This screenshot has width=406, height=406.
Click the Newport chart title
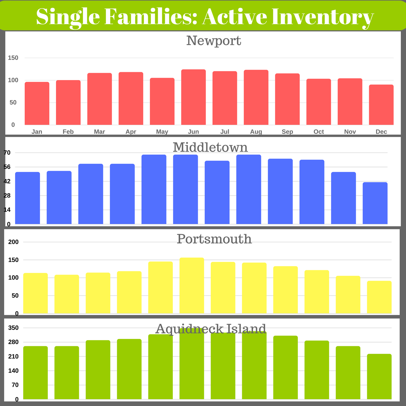tap(214, 41)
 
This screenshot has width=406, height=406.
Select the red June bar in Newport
tap(193, 97)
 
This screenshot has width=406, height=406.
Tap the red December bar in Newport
tap(381, 105)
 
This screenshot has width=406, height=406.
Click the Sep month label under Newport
tap(287, 132)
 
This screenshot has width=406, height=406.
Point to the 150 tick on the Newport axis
tap(13, 58)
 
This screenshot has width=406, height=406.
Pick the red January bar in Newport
tap(37, 104)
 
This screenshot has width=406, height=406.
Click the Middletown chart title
tap(210, 147)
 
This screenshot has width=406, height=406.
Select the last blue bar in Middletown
tap(375, 203)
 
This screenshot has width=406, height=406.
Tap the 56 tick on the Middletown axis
tap(7, 167)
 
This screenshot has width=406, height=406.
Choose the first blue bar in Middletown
tap(27, 198)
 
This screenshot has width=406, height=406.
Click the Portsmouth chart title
tap(214, 239)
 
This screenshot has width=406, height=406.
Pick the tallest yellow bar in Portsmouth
tap(192, 285)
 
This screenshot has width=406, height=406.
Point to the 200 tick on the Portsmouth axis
tap(13, 242)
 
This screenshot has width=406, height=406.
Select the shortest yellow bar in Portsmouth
tap(379, 297)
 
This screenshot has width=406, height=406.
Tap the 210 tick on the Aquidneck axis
tap(13, 356)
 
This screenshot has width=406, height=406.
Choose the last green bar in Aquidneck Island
tap(379, 376)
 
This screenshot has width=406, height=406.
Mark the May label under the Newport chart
tap(162, 132)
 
